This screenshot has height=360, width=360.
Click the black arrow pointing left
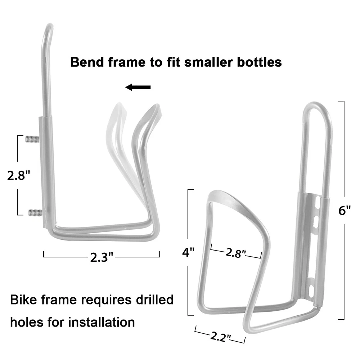click(138, 87)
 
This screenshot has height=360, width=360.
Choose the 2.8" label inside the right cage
click(236, 253)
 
